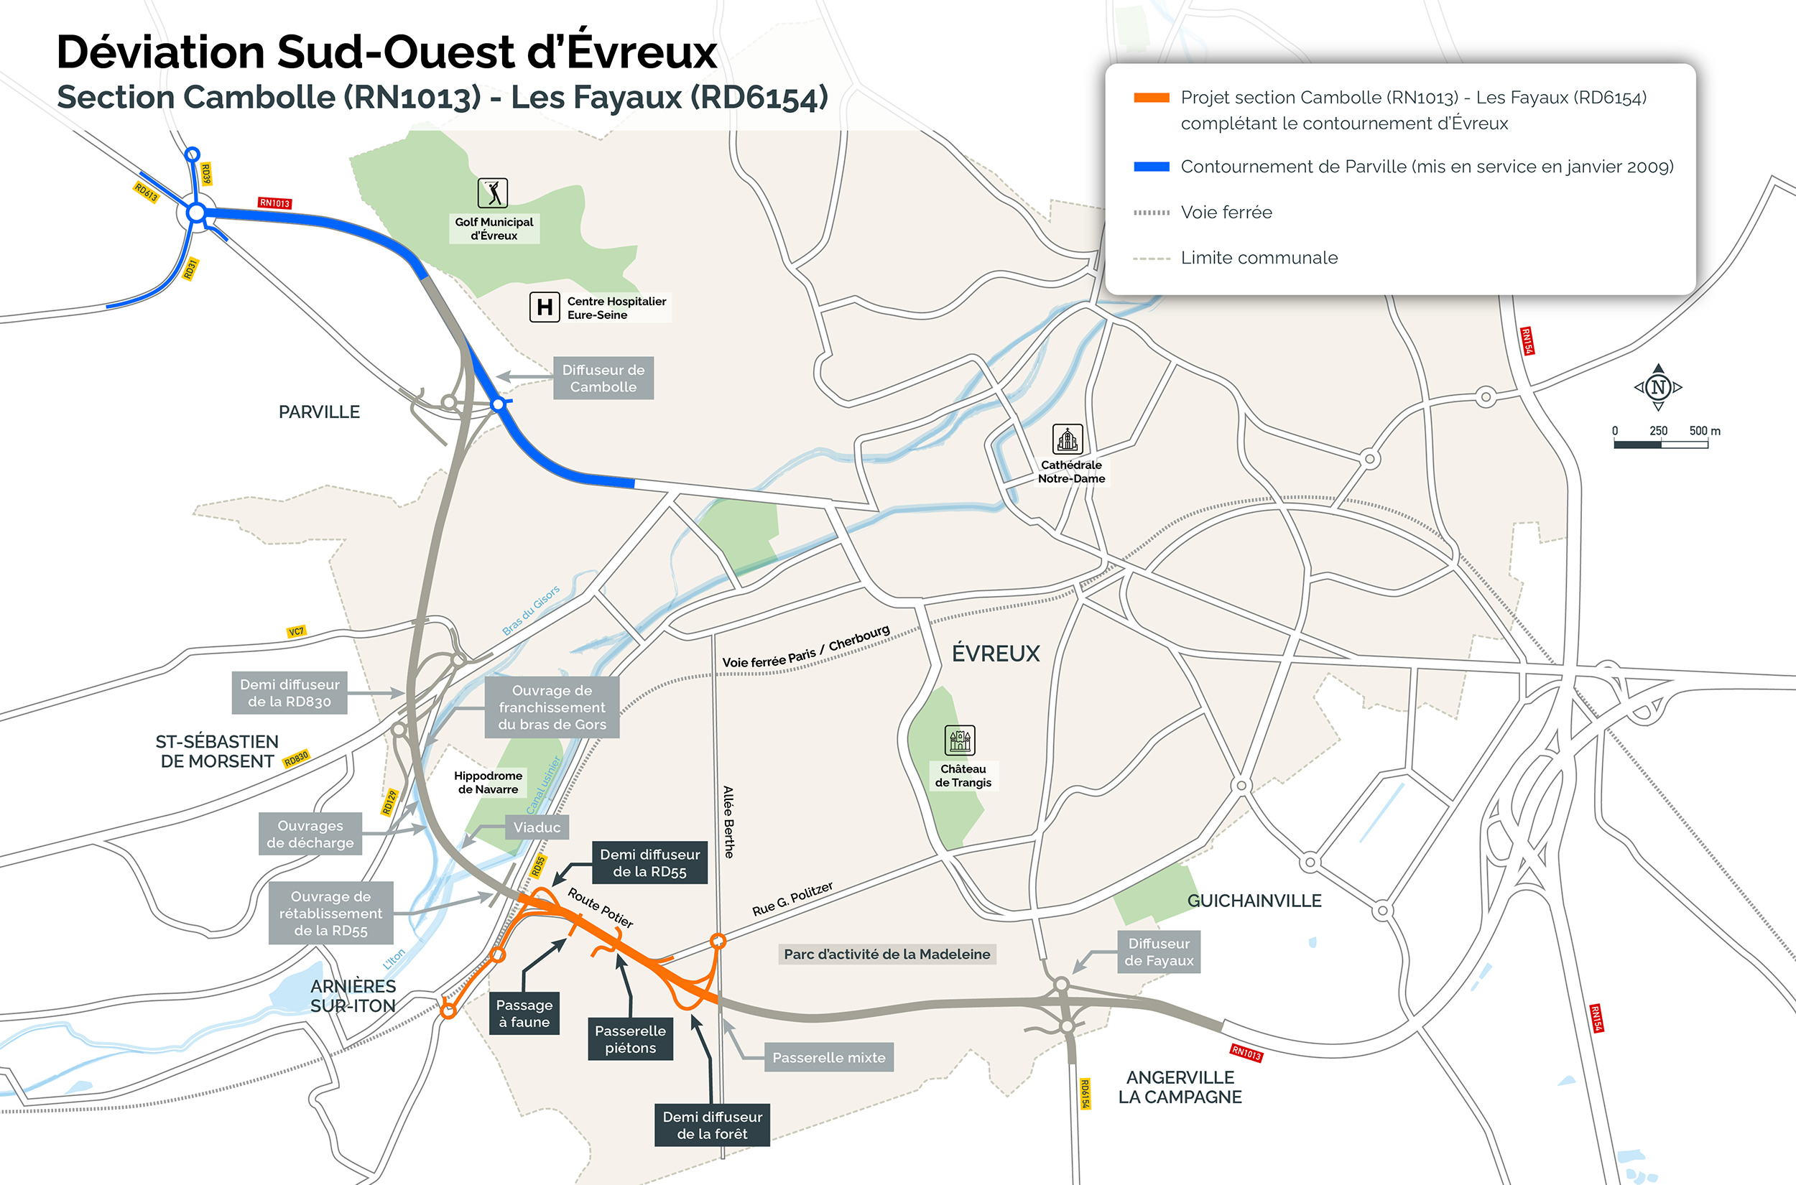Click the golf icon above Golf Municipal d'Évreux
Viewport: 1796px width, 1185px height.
[x=492, y=193]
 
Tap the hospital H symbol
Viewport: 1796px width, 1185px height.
[x=545, y=307]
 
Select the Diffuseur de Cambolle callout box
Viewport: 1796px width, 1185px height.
[x=603, y=378]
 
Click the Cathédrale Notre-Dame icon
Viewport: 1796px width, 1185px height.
[x=1067, y=439]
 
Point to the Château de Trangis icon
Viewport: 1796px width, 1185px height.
[x=959, y=740]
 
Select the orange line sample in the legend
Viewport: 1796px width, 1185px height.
[x=1150, y=98]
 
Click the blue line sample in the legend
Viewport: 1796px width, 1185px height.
[x=1150, y=167]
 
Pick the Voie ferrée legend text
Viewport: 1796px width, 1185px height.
[x=1226, y=213]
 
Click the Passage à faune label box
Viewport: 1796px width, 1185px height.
[x=524, y=1013]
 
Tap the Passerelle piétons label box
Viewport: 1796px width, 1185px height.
[x=629, y=1039]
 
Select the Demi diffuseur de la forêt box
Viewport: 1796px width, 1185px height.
[x=711, y=1125]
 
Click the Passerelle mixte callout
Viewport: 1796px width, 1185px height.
[x=828, y=1057]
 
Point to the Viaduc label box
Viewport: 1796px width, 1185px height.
[x=537, y=827]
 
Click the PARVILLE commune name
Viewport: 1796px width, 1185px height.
[x=319, y=412]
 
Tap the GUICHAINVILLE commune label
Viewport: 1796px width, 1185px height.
[x=1254, y=901]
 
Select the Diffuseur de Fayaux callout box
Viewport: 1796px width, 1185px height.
[x=1158, y=952]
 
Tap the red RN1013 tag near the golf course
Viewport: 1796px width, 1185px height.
[x=274, y=203]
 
